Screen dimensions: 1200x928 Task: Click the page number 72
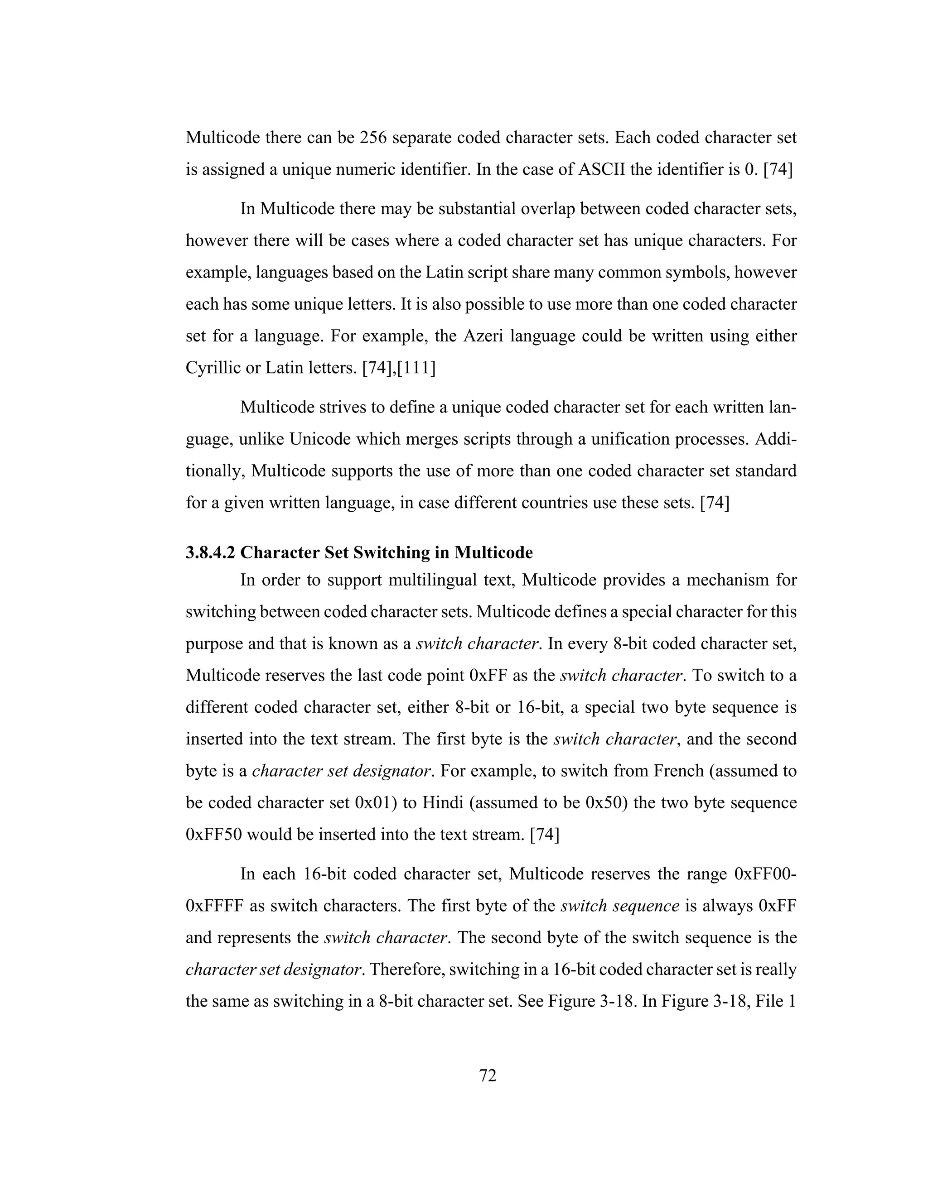[488, 1075]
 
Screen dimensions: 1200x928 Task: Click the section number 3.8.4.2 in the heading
[211, 552]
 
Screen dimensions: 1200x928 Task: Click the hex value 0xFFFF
[214, 906]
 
